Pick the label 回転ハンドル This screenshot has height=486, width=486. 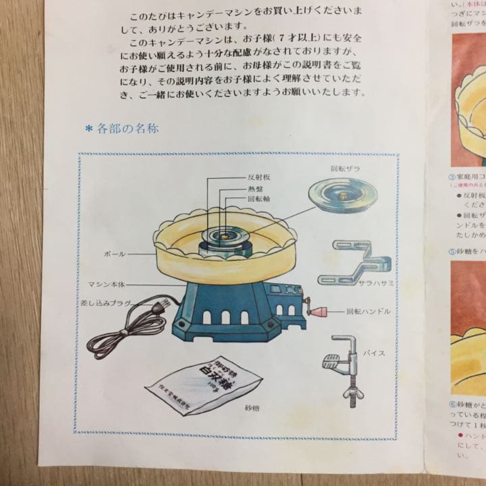pos(369,313)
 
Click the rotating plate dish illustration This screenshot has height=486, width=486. pos(340,196)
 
